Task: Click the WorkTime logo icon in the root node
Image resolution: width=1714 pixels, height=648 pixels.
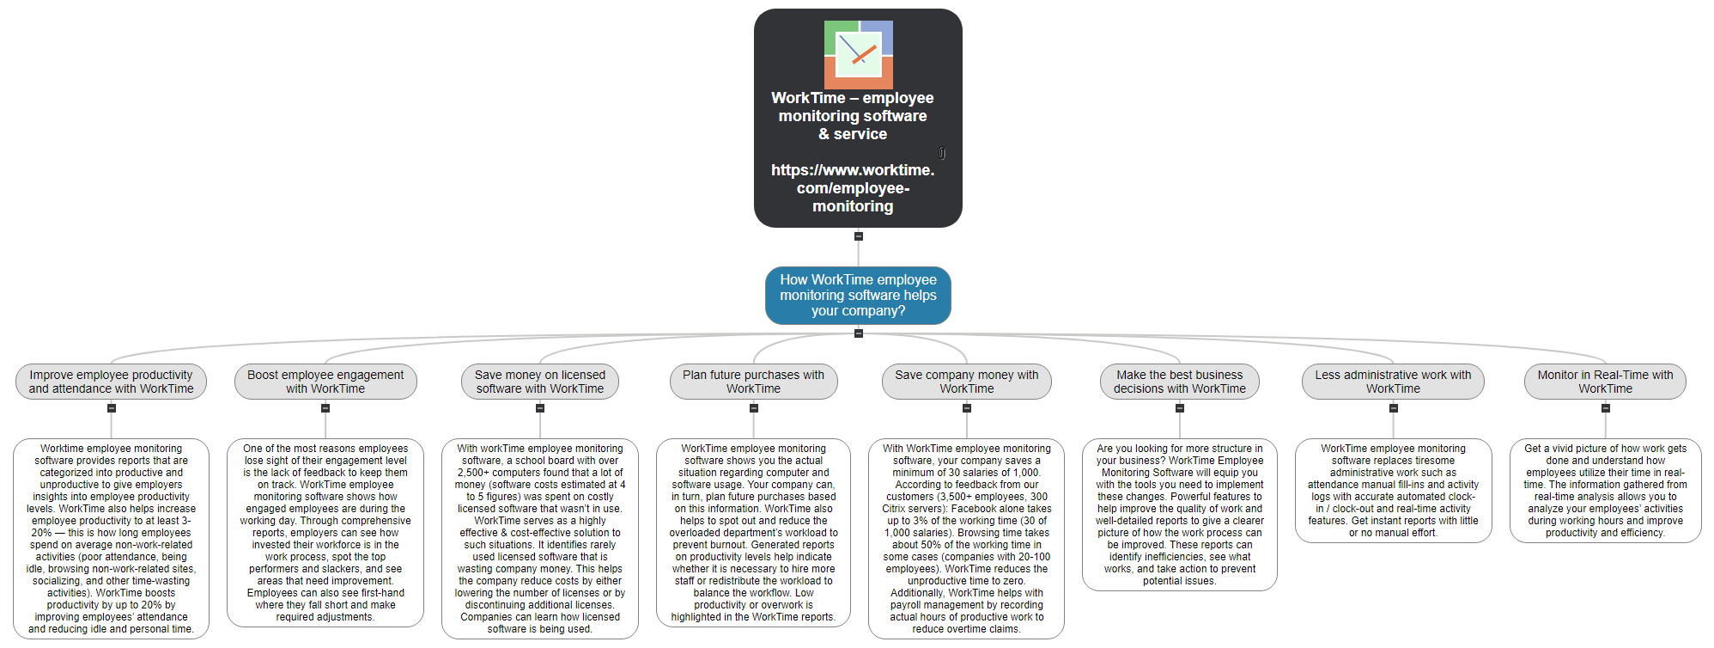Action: [x=858, y=54]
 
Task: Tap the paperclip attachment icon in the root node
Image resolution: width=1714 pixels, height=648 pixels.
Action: [x=942, y=153]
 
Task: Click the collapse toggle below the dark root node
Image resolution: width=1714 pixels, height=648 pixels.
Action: [x=858, y=236]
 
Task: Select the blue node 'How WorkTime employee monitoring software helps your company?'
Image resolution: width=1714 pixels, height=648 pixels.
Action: [x=858, y=295]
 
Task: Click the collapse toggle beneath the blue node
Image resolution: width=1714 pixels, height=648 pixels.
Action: [x=858, y=333]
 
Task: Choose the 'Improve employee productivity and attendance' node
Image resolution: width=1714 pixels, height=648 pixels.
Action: [x=111, y=382]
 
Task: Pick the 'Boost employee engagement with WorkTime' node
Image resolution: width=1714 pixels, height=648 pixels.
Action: [x=325, y=382]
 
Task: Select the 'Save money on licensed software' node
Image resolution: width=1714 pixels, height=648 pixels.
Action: [x=539, y=382]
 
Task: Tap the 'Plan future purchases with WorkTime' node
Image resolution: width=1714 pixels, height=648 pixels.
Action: [x=753, y=382]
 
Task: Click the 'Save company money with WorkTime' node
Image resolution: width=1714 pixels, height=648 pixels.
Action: [x=966, y=382]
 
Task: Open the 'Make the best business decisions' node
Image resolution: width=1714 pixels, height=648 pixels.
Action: [x=1179, y=382]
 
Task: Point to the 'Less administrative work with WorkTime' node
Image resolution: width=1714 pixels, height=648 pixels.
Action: [x=1393, y=382]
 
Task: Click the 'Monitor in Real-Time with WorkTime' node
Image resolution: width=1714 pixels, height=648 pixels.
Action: [x=1605, y=382]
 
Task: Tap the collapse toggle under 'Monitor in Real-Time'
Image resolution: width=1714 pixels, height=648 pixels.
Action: [x=1605, y=408]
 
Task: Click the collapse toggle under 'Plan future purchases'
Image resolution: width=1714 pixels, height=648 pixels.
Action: [x=753, y=408]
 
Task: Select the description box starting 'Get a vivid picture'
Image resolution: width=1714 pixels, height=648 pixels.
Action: [x=1605, y=491]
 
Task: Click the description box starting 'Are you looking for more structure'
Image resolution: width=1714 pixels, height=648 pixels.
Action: [x=1179, y=515]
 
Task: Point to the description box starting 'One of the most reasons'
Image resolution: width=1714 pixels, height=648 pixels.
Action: [x=325, y=533]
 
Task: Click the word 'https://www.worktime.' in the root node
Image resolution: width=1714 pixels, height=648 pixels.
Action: [x=853, y=170]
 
